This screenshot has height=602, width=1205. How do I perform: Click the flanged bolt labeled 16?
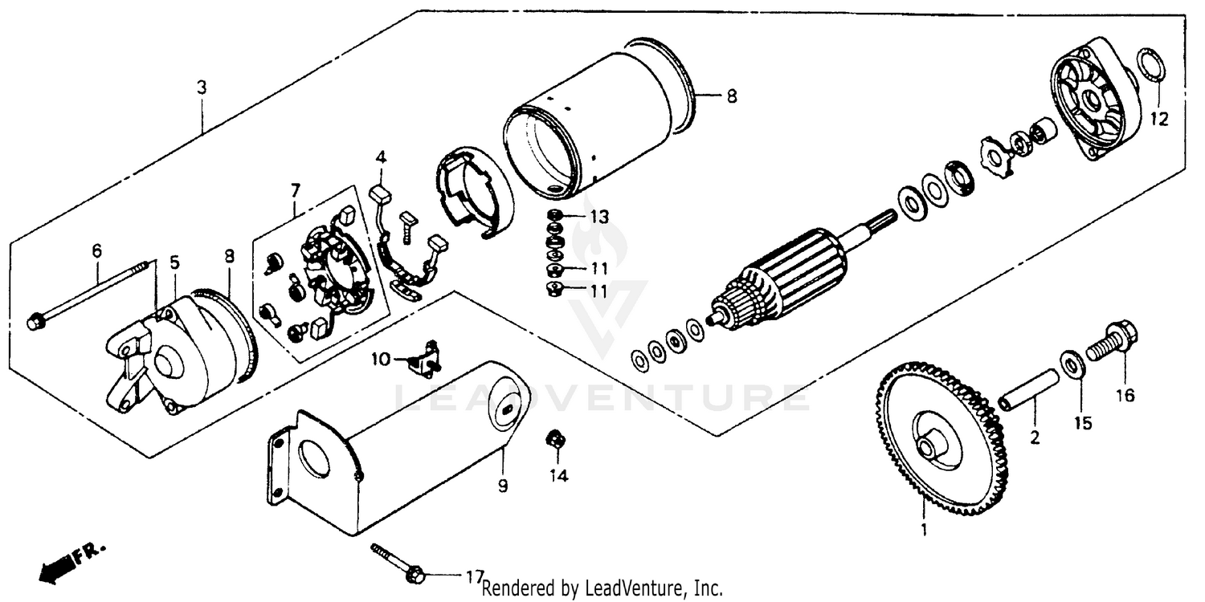1113,344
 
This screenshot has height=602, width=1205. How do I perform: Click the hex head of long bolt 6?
35,323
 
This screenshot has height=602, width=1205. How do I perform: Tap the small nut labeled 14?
553,439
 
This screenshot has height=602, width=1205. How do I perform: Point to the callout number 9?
503,486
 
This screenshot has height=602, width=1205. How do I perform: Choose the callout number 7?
295,190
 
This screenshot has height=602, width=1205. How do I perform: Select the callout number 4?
380,156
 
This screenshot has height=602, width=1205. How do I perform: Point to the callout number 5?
174,262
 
